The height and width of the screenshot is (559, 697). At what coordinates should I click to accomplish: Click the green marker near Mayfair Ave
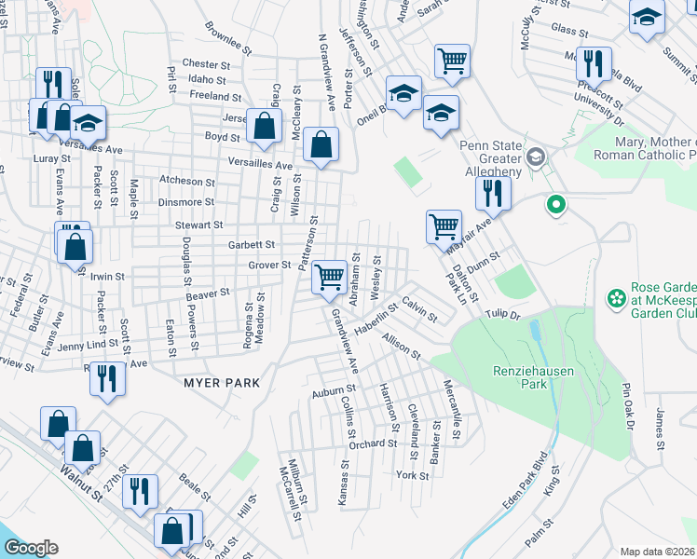click(556, 204)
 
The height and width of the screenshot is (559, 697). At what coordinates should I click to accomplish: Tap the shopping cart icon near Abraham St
click(329, 277)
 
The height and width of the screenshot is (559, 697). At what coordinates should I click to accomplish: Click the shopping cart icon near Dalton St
click(444, 225)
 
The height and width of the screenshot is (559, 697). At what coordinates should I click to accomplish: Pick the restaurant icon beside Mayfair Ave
click(492, 193)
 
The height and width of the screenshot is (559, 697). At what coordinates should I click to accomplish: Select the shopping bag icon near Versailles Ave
click(321, 145)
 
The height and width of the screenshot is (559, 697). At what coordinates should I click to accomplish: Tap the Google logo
click(31, 548)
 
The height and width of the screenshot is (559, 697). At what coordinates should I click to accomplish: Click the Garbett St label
click(252, 245)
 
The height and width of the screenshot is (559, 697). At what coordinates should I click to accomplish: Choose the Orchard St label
click(373, 443)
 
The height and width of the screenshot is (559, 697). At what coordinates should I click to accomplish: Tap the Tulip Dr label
click(501, 315)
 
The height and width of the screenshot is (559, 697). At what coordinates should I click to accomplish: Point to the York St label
click(411, 475)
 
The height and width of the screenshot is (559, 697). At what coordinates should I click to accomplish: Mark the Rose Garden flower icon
click(616, 298)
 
